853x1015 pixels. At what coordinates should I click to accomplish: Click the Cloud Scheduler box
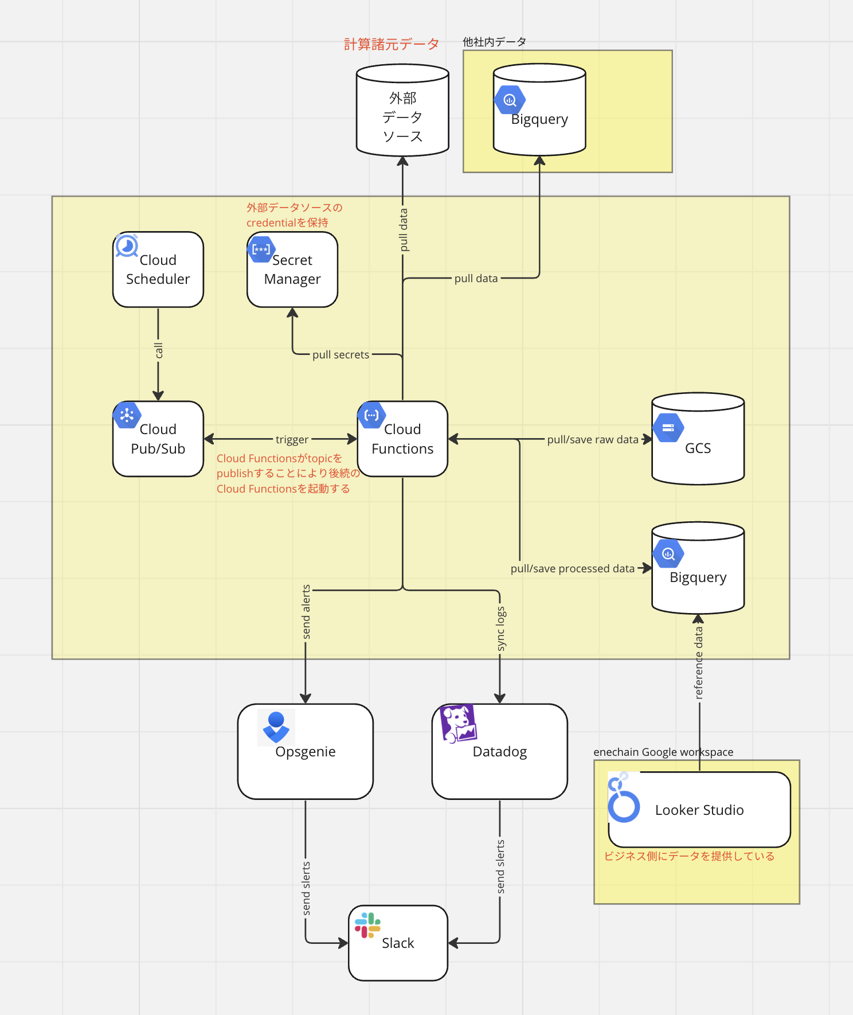(x=158, y=270)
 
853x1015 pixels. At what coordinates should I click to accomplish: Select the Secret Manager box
(x=292, y=270)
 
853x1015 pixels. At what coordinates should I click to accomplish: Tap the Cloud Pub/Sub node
(x=158, y=439)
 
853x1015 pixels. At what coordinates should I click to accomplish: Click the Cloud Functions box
(x=402, y=439)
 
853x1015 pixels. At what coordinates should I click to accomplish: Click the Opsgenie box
(x=305, y=751)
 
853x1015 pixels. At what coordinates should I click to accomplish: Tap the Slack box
(x=398, y=943)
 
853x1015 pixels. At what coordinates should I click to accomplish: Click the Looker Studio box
(x=699, y=810)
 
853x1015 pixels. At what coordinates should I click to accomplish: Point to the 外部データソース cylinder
(x=402, y=115)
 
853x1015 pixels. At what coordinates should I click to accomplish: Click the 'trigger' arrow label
(x=292, y=439)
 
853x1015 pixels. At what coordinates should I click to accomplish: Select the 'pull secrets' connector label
(x=341, y=354)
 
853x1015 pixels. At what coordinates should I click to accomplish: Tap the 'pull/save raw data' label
(x=592, y=439)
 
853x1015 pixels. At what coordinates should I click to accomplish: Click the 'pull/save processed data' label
(x=572, y=568)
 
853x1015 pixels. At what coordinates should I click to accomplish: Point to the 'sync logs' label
(x=500, y=628)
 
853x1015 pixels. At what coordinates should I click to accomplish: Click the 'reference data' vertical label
(x=698, y=662)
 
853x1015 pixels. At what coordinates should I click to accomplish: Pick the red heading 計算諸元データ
(x=391, y=44)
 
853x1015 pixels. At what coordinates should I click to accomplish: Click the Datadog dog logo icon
(x=458, y=723)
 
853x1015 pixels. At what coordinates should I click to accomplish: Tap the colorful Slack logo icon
(x=367, y=925)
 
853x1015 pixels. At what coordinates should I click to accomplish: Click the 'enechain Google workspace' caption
(x=663, y=752)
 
